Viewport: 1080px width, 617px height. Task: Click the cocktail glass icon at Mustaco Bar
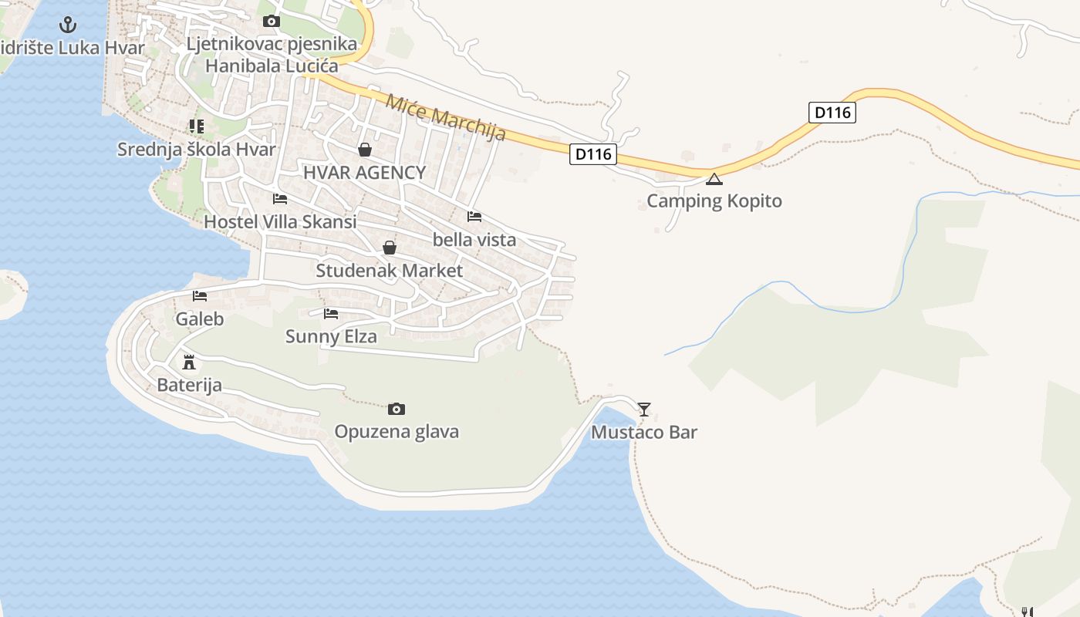(644, 409)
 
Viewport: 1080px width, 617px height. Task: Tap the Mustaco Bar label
(644, 432)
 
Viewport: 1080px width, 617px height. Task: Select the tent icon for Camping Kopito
(714, 180)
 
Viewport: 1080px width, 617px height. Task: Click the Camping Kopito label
(714, 201)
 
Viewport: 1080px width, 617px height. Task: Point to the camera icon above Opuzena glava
(397, 409)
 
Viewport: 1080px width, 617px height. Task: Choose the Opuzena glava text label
(397, 431)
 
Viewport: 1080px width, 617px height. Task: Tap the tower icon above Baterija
(189, 362)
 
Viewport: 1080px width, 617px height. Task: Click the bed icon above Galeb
(200, 296)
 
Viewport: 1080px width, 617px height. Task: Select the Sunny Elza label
(331, 336)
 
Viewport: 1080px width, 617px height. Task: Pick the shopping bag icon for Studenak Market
(390, 248)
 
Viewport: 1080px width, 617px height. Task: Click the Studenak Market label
(390, 271)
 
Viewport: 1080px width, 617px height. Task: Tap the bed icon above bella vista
(474, 217)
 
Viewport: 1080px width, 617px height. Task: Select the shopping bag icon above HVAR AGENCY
(365, 150)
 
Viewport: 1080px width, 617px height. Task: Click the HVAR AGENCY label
(365, 173)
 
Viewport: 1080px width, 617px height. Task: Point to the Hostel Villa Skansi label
(280, 222)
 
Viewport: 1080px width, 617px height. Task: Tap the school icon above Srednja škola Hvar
(197, 126)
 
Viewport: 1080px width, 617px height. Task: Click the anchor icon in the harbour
(69, 25)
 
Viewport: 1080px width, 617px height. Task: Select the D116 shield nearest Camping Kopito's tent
(593, 154)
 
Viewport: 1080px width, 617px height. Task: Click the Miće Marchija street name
(446, 117)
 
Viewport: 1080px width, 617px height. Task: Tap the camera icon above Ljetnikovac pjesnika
(272, 21)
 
